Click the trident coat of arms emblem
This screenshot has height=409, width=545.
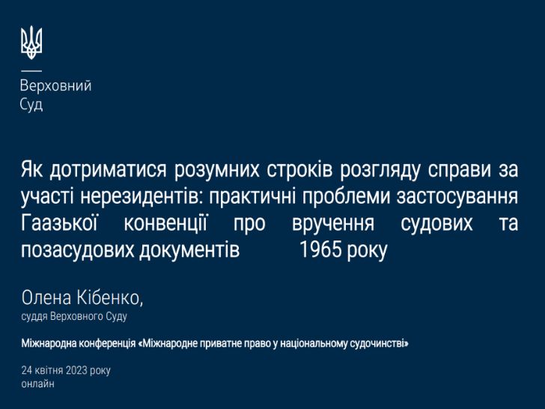[31, 43]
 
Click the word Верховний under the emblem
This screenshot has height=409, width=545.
[55, 85]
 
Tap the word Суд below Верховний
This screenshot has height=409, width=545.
[31, 104]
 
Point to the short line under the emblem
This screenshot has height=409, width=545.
[31, 71]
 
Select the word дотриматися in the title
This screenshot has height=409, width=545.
[108, 169]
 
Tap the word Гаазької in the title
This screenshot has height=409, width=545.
[59, 223]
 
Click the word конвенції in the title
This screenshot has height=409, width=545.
[165, 223]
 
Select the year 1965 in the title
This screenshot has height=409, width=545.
[320, 249]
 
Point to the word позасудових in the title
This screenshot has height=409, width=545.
[78, 250]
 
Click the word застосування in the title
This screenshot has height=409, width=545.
[457, 196]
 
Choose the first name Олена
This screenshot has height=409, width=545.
[46, 297]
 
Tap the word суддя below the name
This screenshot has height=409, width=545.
[34, 316]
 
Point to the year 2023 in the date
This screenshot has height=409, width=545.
[76, 370]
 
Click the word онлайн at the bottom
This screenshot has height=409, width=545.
[38, 384]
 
